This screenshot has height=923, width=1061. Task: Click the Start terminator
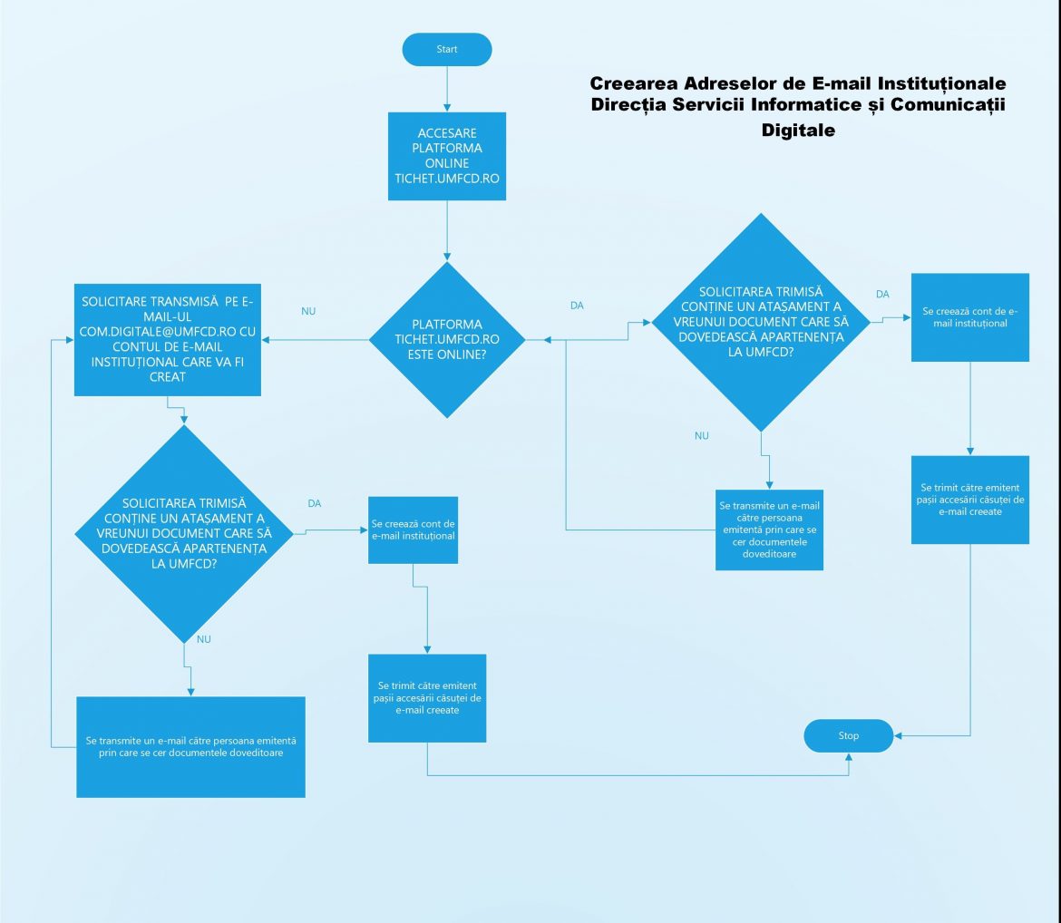pos(447,49)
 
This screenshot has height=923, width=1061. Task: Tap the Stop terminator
pos(848,735)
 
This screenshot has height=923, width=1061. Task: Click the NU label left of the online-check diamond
pos(308,311)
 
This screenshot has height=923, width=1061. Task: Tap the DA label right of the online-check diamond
pos(577,306)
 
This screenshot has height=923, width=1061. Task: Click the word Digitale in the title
pos(798,131)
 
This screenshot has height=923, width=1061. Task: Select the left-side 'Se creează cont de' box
pos(414,530)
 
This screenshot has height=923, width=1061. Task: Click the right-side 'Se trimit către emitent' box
pos(970,500)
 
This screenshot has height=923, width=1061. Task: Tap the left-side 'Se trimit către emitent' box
pos(426,697)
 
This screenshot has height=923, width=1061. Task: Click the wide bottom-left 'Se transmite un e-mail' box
pos(190,746)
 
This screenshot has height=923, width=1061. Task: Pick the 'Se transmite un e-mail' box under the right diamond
pos(769,529)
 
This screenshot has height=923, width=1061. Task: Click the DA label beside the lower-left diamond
pos(315,503)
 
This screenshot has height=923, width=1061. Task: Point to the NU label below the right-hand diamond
pos(701,436)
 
